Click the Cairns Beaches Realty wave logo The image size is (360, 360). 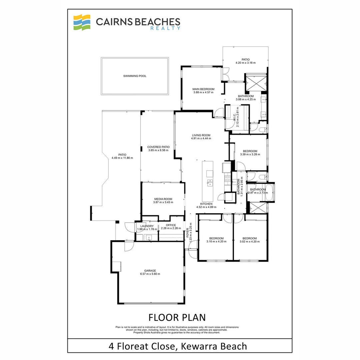(82, 22)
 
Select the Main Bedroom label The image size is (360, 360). (203, 89)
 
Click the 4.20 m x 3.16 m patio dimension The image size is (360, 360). (246, 63)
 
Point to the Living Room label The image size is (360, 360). (201, 135)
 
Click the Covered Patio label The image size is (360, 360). (158, 147)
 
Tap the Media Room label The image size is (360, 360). (163, 199)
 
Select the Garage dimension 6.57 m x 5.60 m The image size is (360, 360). (150, 274)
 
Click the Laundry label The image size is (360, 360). (147, 226)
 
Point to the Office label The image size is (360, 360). (171, 225)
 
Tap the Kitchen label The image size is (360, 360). (206, 204)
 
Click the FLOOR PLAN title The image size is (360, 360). (177, 317)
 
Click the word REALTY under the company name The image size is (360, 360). (170, 28)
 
